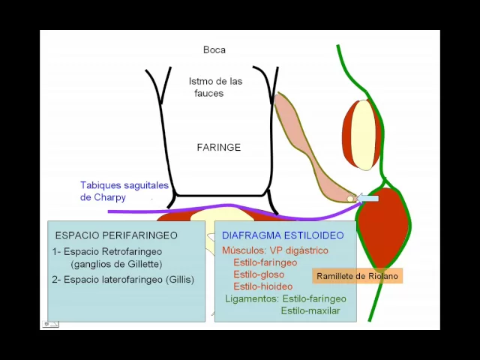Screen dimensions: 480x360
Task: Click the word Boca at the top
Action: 214,50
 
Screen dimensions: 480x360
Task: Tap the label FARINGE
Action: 218,148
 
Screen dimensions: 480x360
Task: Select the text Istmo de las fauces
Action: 215,87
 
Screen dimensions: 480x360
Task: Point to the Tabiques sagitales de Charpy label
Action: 124,191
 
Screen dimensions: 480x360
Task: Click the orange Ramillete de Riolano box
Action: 357,276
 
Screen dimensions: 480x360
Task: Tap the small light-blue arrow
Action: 367,198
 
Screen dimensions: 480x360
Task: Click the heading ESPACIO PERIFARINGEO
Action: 116,235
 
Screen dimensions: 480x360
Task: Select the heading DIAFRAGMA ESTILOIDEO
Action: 283,235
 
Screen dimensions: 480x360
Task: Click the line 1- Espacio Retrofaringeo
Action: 107,251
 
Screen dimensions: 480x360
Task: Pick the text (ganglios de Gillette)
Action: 116,264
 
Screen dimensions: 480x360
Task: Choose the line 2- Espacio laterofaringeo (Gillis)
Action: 123,280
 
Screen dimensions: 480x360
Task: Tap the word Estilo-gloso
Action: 259,274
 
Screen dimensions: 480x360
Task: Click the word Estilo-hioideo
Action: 262,286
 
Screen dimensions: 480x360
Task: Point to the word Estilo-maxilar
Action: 310,310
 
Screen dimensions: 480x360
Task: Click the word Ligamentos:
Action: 250,298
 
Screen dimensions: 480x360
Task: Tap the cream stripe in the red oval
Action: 363,135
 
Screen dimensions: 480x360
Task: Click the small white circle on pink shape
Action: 350,199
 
